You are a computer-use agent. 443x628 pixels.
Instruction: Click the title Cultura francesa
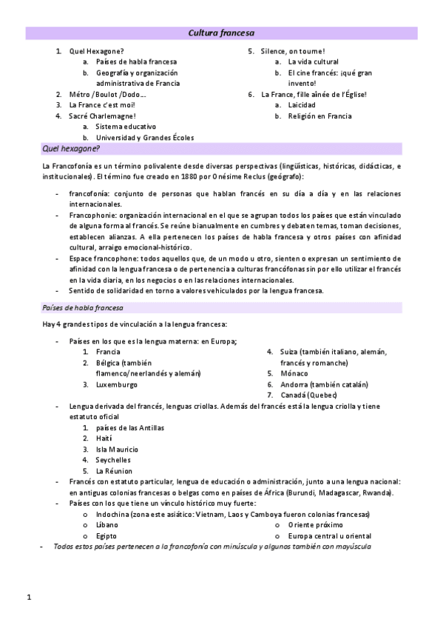point(222,33)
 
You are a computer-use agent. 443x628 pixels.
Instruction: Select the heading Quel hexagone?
point(71,149)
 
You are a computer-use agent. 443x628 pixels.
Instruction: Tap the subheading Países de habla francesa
point(82,307)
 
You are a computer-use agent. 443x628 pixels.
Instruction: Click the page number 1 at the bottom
point(29,596)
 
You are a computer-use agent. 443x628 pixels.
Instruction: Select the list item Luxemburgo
point(117,385)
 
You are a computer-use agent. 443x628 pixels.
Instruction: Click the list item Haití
point(105,438)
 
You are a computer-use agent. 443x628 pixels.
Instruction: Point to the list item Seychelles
point(113,460)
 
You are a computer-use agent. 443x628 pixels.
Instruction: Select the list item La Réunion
point(114,470)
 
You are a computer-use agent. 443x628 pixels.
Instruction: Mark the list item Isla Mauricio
point(117,449)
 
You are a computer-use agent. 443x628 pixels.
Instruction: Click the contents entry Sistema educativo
point(126,127)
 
